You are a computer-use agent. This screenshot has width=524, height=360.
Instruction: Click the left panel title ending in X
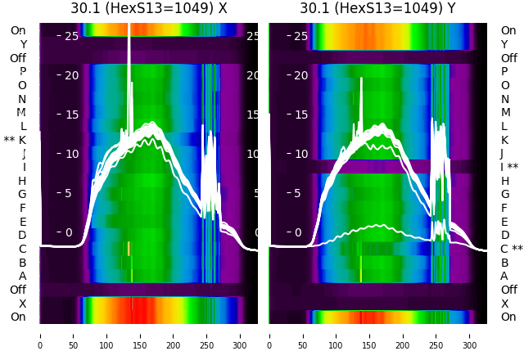pyautogui.click(x=148, y=8)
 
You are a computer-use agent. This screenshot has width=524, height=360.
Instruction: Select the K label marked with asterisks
pyautogui.click(x=15, y=140)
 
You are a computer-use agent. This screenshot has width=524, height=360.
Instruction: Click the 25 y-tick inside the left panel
pyautogui.click(x=70, y=36)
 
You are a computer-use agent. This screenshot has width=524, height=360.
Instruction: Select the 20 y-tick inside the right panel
pyautogui.click(x=300, y=75)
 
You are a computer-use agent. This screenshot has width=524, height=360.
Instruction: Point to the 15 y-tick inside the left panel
pyautogui.click(x=70, y=115)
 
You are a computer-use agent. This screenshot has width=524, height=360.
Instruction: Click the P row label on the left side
pyautogui.click(x=22, y=72)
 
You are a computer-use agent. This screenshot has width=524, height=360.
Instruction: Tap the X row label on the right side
pyautogui.click(x=504, y=304)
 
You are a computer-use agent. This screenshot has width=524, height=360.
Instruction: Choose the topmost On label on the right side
pyautogui.click(x=508, y=30)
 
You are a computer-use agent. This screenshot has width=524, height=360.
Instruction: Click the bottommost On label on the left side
pyautogui.click(x=18, y=317)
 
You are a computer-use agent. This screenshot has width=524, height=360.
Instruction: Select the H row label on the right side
pyautogui.click(x=504, y=181)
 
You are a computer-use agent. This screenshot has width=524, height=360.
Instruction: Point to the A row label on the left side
pyautogui.click(x=22, y=276)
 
